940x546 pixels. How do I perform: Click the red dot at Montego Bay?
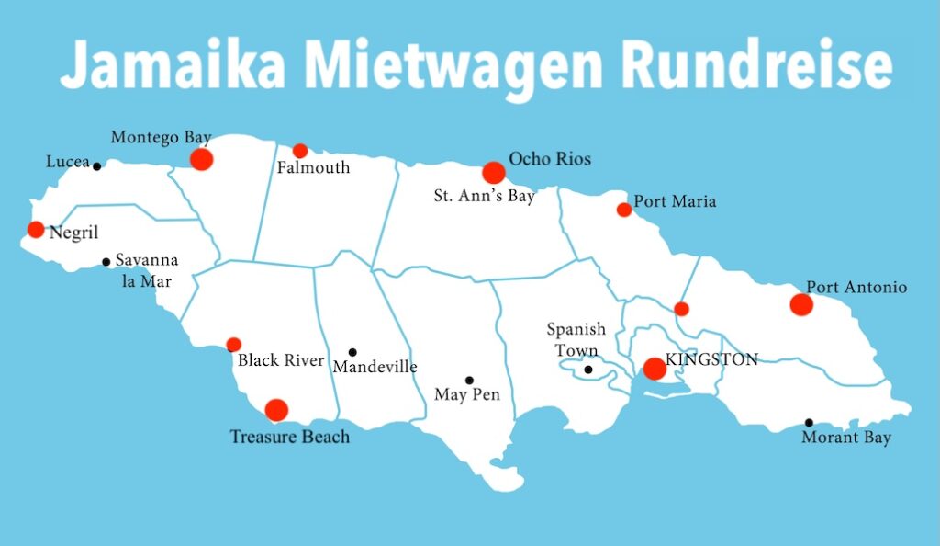pyautogui.click(x=201, y=159)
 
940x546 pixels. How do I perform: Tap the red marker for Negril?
pyautogui.click(x=35, y=229)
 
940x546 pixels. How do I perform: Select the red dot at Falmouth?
pyautogui.click(x=299, y=151)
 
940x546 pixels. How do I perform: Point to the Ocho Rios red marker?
pyautogui.click(x=493, y=172)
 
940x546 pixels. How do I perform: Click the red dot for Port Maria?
pyautogui.click(x=623, y=210)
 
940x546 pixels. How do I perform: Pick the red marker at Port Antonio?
pyautogui.click(x=800, y=304)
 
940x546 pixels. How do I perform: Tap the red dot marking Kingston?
pyautogui.click(x=654, y=369)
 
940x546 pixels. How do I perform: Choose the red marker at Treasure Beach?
pyautogui.click(x=275, y=410)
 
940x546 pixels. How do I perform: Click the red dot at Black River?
pyautogui.click(x=233, y=345)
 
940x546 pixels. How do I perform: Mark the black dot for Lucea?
pyautogui.click(x=96, y=165)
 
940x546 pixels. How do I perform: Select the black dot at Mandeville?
pyautogui.click(x=352, y=352)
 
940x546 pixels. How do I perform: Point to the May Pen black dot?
pyautogui.click(x=469, y=381)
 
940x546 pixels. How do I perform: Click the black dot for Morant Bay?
pyautogui.click(x=809, y=423)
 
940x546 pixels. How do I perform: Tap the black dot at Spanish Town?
pyautogui.click(x=588, y=370)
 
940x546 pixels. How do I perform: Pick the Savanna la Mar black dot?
pyautogui.click(x=106, y=262)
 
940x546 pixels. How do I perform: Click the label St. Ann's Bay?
pyautogui.click(x=485, y=196)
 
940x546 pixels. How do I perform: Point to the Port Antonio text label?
pyautogui.click(x=856, y=288)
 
